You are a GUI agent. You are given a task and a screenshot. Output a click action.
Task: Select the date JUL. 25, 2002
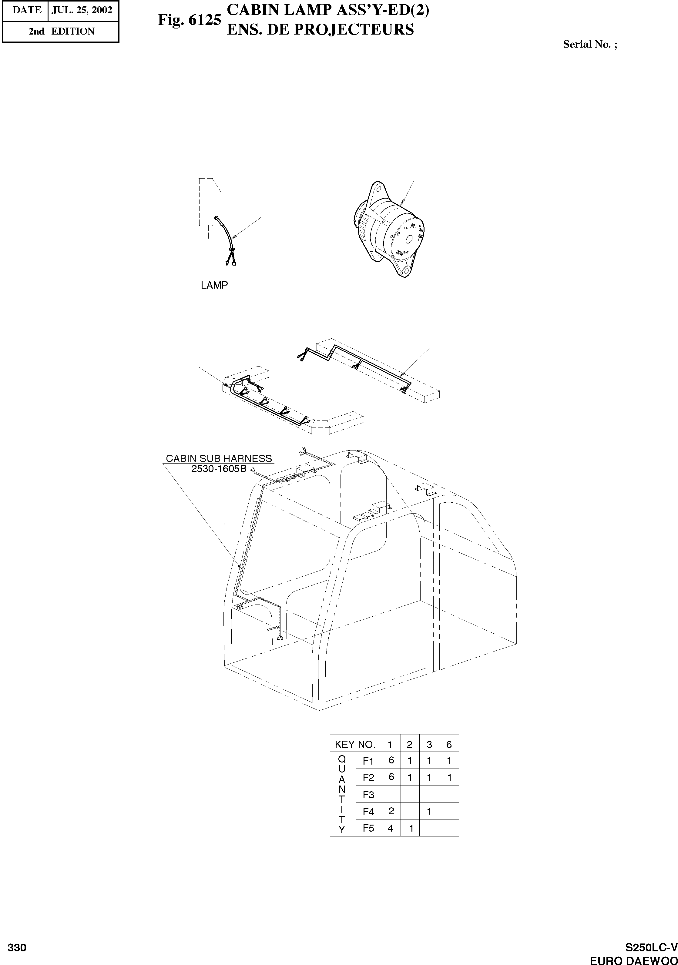pyautogui.click(x=82, y=10)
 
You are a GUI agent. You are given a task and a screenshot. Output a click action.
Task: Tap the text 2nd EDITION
pyautogui.click(x=61, y=31)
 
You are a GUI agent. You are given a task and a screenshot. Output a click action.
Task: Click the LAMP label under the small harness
pyautogui.click(x=214, y=285)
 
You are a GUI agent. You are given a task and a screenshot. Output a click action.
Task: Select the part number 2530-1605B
pyautogui.click(x=219, y=468)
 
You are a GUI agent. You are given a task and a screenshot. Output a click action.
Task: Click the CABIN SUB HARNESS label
pyautogui.click(x=219, y=458)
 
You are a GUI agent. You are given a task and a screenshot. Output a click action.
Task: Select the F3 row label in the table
pyautogui.click(x=368, y=794)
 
